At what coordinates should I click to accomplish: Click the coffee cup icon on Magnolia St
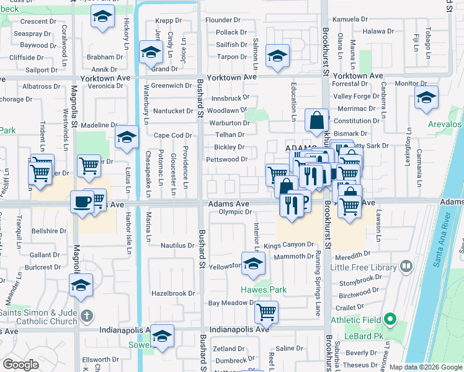[x=82, y=201]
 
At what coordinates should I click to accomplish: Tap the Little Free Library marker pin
[x=406, y=267]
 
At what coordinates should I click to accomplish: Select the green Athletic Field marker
[x=390, y=320]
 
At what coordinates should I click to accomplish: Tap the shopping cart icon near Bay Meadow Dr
[x=266, y=312]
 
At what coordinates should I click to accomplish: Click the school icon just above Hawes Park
[x=252, y=263]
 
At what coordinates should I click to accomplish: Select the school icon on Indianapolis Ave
[x=162, y=335]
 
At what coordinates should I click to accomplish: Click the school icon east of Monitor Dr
[x=426, y=97]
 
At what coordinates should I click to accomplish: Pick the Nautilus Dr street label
[x=177, y=246]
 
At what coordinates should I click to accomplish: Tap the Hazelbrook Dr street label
[x=174, y=293]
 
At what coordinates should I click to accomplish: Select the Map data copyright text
[x=426, y=367]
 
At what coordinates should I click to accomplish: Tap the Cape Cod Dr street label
[x=173, y=135]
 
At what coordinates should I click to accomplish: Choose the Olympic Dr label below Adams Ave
[x=234, y=213]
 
